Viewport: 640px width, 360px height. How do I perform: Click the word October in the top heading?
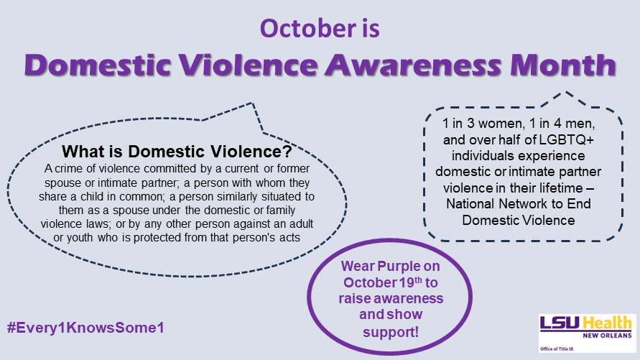tap(308, 29)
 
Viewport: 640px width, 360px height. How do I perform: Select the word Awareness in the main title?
tap(413, 65)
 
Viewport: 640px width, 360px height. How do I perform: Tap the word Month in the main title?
tap(563, 65)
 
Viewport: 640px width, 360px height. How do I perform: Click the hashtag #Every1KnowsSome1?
tap(85, 328)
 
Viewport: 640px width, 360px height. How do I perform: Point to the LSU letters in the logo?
tap(560, 323)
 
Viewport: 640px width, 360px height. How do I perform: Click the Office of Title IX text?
tap(557, 349)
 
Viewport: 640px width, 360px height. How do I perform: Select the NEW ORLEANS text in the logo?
tap(607, 336)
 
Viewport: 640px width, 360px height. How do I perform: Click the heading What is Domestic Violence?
tap(177, 152)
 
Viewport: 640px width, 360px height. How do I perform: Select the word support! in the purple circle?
tap(391, 332)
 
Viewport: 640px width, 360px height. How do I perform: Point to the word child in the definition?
tap(92, 196)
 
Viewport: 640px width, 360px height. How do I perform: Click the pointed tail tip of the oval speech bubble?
tap(253, 103)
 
